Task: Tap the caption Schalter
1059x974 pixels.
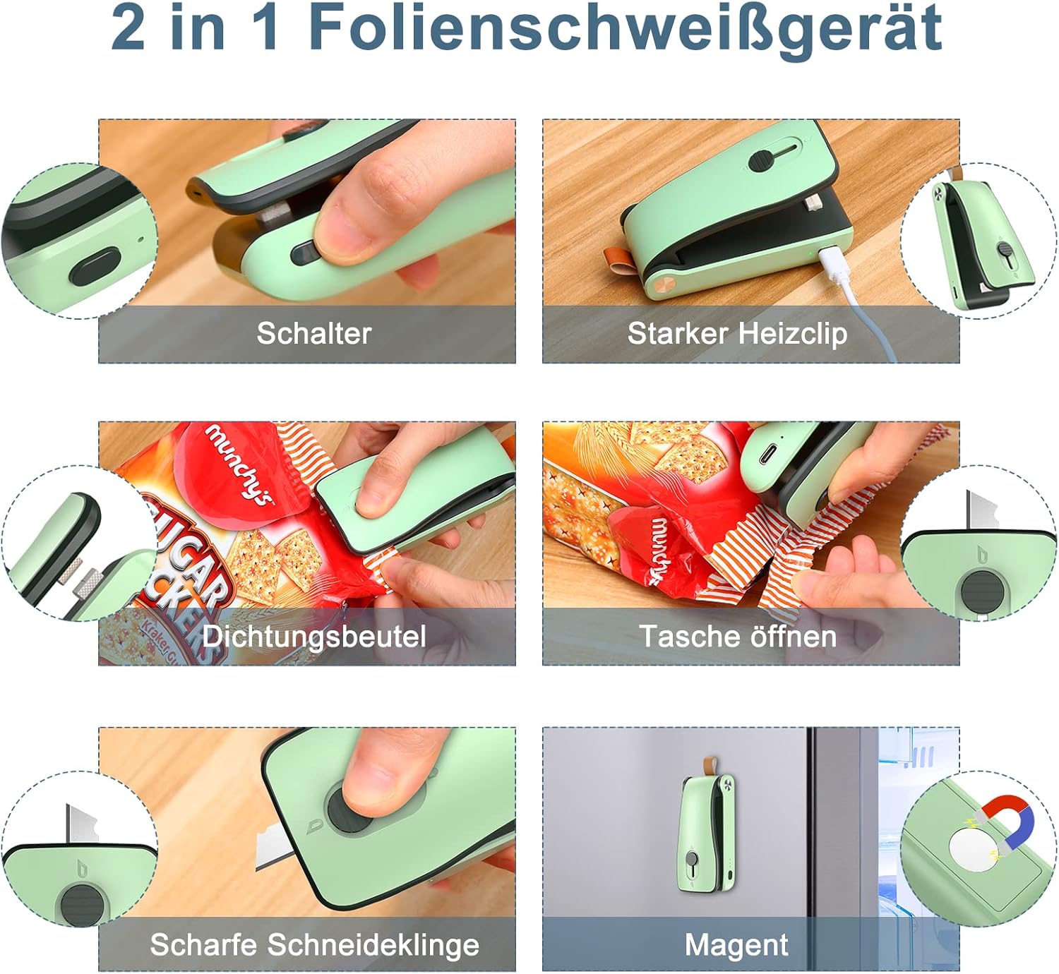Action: click(314, 334)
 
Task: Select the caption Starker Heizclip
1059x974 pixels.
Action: click(737, 334)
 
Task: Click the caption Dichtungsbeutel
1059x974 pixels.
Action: click(313, 636)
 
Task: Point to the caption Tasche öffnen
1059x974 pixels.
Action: click(738, 636)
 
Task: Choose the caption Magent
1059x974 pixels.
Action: click(736, 944)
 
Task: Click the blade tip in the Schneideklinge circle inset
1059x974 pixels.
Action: click(68, 806)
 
